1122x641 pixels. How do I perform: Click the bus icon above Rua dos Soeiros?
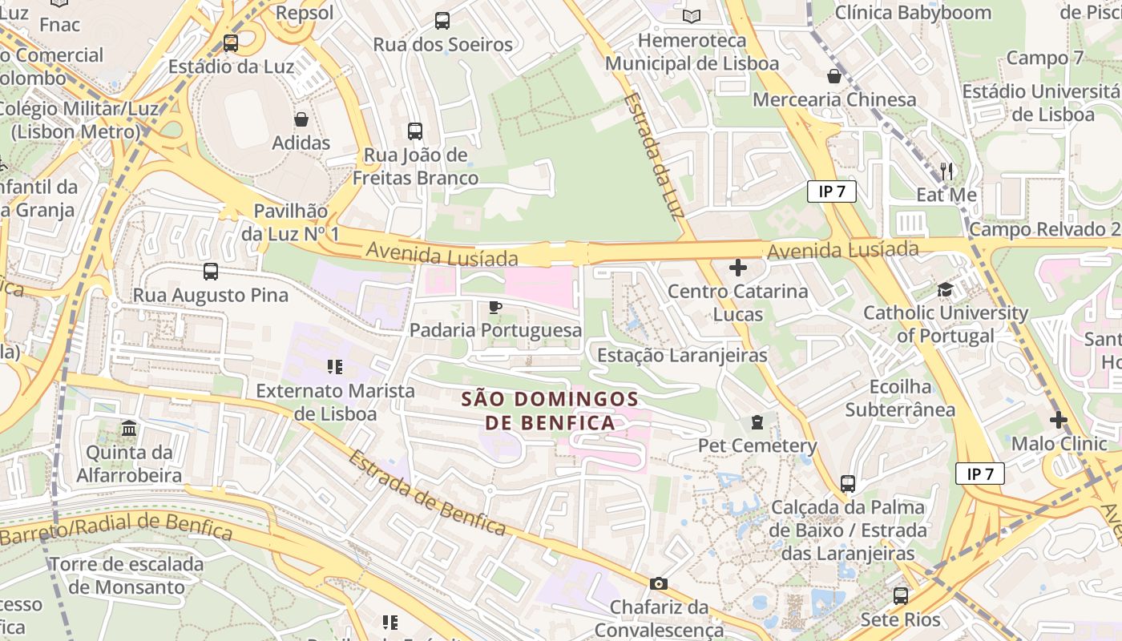pyautogui.click(x=442, y=21)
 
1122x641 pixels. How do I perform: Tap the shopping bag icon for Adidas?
pyautogui.click(x=301, y=119)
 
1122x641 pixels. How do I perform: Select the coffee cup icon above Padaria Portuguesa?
pyautogui.click(x=495, y=307)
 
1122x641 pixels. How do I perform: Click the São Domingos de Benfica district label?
pyautogui.click(x=550, y=410)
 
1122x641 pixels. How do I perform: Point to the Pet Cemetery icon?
pyautogui.click(x=757, y=422)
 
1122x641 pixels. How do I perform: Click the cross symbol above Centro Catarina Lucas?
pyautogui.click(x=738, y=268)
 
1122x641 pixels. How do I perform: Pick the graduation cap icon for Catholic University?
pyautogui.click(x=946, y=289)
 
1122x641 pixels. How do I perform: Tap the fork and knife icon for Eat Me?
pyautogui.click(x=946, y=171)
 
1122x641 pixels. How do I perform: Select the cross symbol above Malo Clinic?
pyautogui.click(x=1059, y=420)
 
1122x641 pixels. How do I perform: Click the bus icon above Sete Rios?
pyautogui.click(x=901, y=596)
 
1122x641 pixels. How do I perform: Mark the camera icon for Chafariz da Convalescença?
pyautogui.click(x=659, y=583)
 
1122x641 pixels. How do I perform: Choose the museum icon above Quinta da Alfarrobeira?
pyautogui.click(x=129, y=429)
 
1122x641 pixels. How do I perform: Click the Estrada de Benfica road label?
pyautogui.click(x=428, y=494)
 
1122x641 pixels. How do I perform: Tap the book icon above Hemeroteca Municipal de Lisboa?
pyautogui.click(x=692, y=16)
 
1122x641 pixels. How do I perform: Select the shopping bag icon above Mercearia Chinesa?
pyautogui.click(x=834, y=76)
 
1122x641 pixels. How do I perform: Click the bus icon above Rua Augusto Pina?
pyautogui.click(x=211, y=272)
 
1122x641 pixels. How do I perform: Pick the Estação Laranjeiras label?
pyautogui.click(x=683, y=355)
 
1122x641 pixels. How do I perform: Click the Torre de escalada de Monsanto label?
pyautogui.click(x=127, y=575)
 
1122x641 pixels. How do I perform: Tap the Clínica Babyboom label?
pyautogui.click(x=913, y=13)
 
